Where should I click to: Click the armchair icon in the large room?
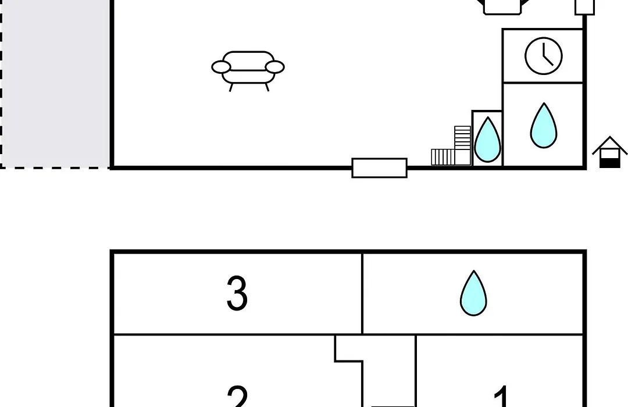(248, 71)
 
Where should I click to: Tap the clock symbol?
(544, 56)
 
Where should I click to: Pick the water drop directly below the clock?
(544, 126)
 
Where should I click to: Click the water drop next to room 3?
(474, 293)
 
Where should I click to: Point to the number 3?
(237, 293)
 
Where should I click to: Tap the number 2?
(237, 397)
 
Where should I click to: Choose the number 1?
(501, 397)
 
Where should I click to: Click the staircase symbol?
(451, 146)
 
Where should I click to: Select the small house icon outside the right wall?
(609, 152)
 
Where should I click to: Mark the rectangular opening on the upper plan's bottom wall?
(380, 168)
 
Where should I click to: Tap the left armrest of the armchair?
(221, 67)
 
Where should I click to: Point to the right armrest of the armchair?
(274, 67)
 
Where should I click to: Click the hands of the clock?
(548, 55)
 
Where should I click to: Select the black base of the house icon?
(610, 163)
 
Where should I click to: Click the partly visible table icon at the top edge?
(502, 7)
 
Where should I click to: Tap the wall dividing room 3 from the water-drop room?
(362, 293)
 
